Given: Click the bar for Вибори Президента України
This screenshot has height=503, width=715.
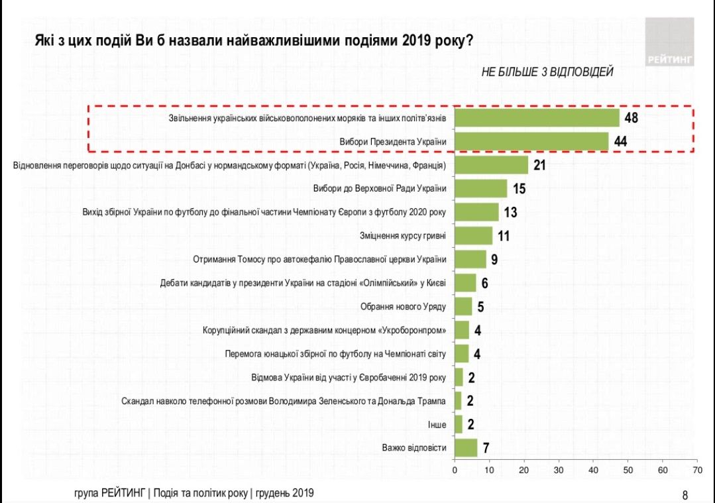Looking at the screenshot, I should point(531,142).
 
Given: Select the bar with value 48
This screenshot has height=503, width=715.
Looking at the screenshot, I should point(537,118).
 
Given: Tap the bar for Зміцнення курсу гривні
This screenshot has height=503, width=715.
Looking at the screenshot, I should point(474,235).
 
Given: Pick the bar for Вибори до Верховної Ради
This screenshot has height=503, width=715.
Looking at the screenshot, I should point(481,188).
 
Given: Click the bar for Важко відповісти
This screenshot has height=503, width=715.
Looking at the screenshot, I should point(466,447).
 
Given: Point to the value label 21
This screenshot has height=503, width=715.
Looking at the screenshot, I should point(539,165).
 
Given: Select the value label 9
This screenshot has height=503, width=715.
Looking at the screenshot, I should point(494,259).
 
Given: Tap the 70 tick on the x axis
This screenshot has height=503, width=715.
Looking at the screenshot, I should point(696,470).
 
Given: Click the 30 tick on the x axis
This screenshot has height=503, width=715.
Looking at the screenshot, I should point(559,470).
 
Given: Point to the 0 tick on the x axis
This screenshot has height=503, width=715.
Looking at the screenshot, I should point(455,470).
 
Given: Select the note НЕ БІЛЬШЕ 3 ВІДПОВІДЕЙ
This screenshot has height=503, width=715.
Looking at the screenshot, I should point(547,72).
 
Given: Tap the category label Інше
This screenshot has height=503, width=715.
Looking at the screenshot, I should point(436,424).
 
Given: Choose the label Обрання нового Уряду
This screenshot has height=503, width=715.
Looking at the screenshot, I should point(404,306).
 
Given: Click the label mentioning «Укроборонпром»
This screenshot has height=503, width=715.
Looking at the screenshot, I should point(324,330).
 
